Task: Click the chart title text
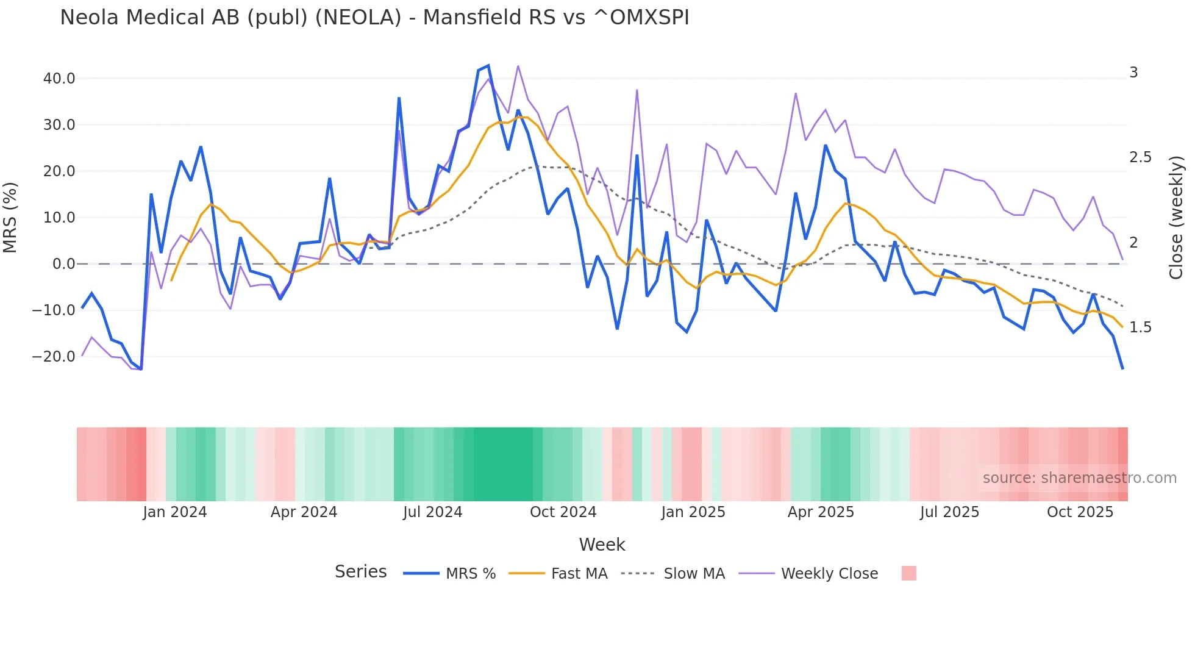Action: (374, 18)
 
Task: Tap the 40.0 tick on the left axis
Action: (59, 79)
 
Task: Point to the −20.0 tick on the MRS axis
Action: (54, 357)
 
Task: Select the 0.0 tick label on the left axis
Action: (63, 264)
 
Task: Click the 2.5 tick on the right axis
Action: (1140, 157)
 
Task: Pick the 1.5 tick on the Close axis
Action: (1140, 327)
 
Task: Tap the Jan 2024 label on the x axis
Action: (175, 512)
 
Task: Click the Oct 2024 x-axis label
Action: (563, 512)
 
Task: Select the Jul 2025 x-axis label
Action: (949, 512)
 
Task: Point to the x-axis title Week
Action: (602, 545)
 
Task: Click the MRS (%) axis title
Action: (10, 217)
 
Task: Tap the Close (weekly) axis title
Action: (1176, 217)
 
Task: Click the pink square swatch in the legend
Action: (908, 573)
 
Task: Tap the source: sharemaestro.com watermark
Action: (1079, 478)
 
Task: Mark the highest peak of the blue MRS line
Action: (488, 66)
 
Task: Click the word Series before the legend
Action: (360, 572)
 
